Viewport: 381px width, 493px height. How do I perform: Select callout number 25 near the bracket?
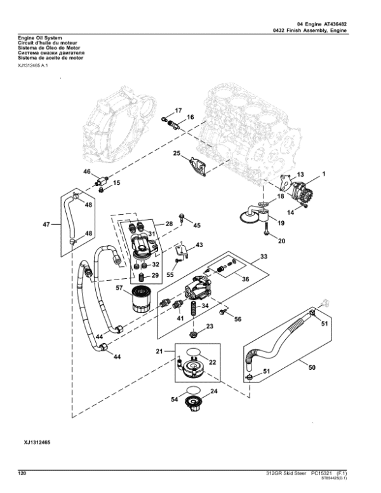tap(177, 153)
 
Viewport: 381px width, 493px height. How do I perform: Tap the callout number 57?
tap(118, 288)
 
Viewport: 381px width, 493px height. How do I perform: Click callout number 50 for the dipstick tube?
tap(311, 367)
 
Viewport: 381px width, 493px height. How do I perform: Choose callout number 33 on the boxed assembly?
tap(264, 257)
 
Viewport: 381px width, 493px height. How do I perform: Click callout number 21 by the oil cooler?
tap(161, 352)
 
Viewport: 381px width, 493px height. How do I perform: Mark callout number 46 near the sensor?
tap(87, 172)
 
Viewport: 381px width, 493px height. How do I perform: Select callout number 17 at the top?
tap(178, 111)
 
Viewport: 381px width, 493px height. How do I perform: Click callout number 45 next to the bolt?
tap(197, 225)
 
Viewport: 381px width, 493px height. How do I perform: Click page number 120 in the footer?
tap(22, 473)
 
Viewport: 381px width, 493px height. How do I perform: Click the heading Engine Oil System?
tap(40, 38)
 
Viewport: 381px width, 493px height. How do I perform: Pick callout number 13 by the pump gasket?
tap(301, 174)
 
